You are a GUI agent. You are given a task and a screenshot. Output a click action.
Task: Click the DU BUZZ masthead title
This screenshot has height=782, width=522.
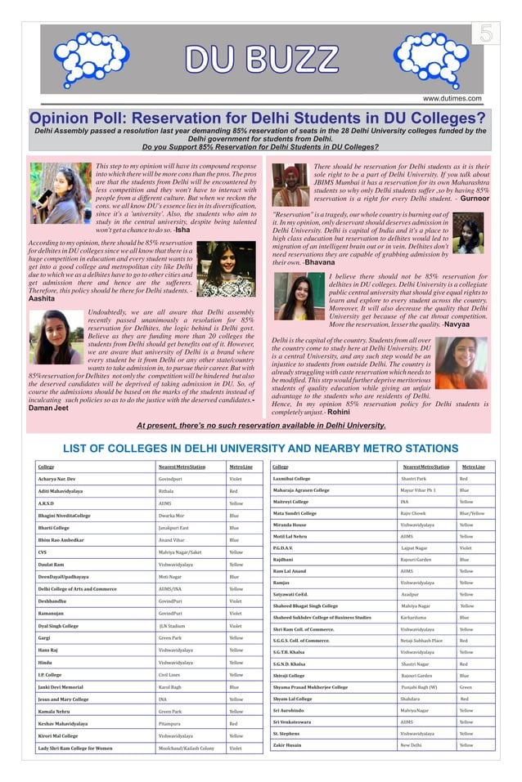(260, 59)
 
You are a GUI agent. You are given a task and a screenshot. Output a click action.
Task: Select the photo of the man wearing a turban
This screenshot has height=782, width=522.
(290, 185)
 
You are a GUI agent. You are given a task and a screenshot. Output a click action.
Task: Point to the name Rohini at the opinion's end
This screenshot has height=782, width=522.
(339, 413)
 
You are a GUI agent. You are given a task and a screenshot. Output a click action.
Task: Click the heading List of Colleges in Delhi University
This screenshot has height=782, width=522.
(260, 448)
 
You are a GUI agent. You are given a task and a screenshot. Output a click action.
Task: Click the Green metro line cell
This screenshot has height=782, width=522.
(465, 687)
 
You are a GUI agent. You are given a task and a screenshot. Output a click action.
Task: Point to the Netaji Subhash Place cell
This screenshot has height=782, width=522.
(421, 641)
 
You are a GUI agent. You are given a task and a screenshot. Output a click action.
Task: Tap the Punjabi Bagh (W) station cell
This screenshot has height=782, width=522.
(419, 687)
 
